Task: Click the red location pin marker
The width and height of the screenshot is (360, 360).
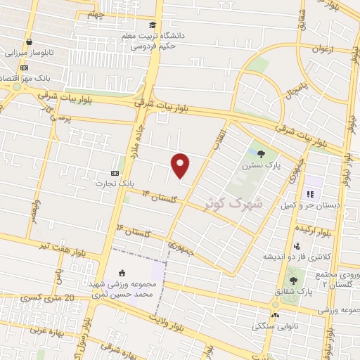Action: [181, 165]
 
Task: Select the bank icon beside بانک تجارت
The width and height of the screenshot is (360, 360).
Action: [115, 173]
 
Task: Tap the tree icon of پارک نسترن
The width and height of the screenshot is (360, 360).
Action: [262, 153]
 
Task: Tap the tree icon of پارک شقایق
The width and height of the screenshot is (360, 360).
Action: [303, 280]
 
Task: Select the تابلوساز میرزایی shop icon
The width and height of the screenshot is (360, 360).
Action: [28, 41]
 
